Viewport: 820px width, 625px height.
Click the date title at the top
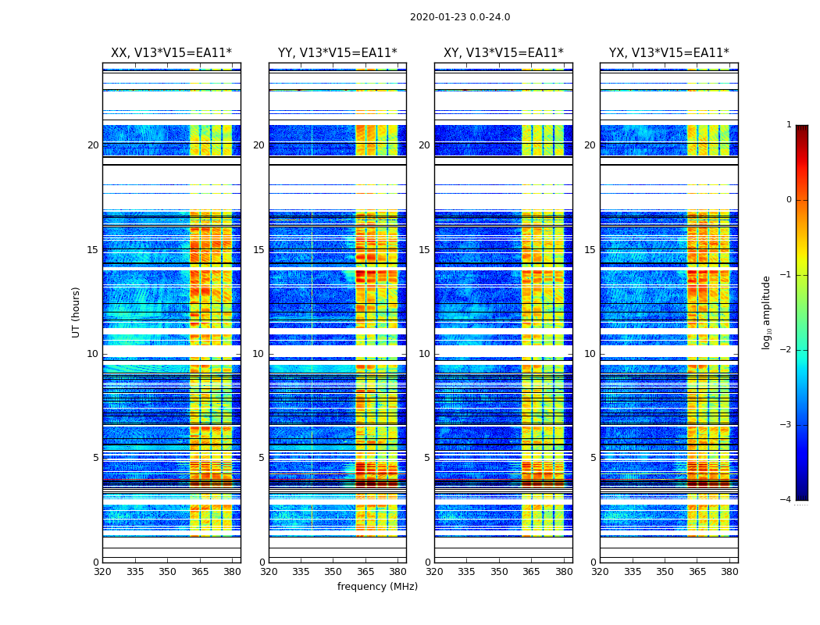coord(460,17)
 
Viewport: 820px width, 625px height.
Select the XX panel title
coord(171,53)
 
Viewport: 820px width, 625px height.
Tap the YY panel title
coord(337,53)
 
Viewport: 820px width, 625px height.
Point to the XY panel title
coord(503,53)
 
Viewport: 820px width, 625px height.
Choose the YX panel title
coord(668,53)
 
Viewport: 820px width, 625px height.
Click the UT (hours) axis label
coord(77,312)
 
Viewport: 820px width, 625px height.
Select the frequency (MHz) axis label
coord(377,587)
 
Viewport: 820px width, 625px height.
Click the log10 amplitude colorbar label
coord(767,312)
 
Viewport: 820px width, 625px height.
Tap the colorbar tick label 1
coord(789,125)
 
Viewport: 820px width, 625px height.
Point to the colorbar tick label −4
coord(786,500)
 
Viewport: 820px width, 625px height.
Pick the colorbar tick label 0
coord(789,200)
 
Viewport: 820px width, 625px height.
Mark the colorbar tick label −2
coord(786,350)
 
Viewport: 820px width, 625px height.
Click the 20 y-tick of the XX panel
coord(93,145)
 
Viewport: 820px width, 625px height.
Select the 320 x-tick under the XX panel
coord(102,571)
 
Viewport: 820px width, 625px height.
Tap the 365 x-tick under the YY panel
coord(365,571)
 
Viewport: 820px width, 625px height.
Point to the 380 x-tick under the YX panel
coord(729,571)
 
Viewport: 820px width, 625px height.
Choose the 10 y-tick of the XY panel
coord(424,354)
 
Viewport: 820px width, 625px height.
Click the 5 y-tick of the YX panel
coord(593,458)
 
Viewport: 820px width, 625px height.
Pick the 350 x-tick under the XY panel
coord(499,571)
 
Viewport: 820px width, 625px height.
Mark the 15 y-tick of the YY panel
coord(258,250)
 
